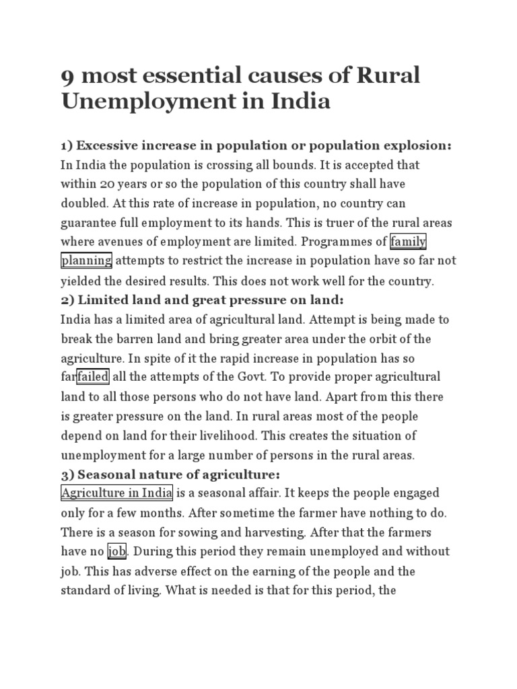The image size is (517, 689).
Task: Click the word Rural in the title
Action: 387,75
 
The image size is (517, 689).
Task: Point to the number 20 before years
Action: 106,184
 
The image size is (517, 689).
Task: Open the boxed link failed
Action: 93,377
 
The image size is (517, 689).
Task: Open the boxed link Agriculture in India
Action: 117,493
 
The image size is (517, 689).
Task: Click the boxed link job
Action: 117,552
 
